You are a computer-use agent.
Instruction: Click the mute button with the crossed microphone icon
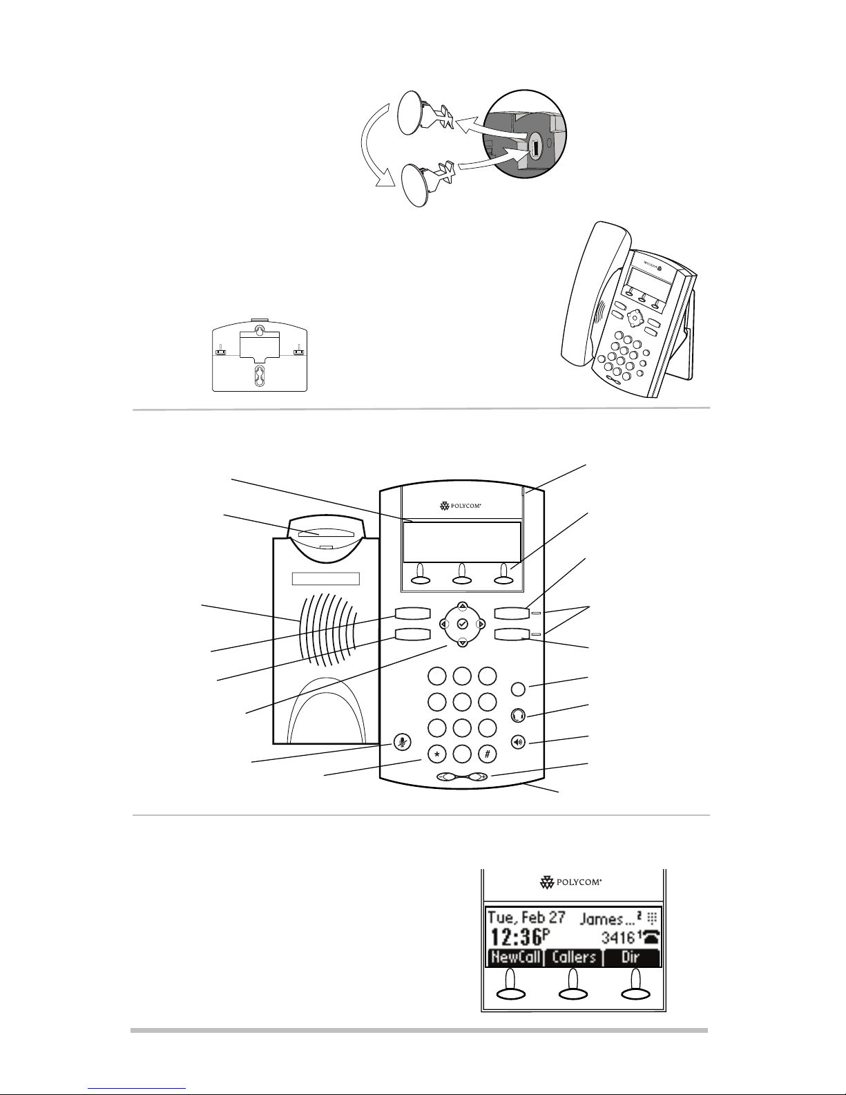[401, 743]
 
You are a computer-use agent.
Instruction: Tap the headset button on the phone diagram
[520, 715]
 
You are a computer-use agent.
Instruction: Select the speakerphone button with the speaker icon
[520, 743]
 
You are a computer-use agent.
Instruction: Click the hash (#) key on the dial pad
[488, 754]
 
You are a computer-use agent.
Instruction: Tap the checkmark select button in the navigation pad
[463, 624]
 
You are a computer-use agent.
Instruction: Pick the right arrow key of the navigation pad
[481, 624]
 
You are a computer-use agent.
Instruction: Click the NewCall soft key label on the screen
[515, 958]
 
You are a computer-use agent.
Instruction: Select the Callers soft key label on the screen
[574, 958]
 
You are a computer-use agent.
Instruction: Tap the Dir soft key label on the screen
[631, 958]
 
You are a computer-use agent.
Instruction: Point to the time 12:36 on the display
[516, 937]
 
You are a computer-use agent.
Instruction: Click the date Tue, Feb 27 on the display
[526, 918]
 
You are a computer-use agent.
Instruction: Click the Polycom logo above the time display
[570, 882]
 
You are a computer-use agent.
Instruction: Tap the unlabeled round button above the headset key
[520, 689]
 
